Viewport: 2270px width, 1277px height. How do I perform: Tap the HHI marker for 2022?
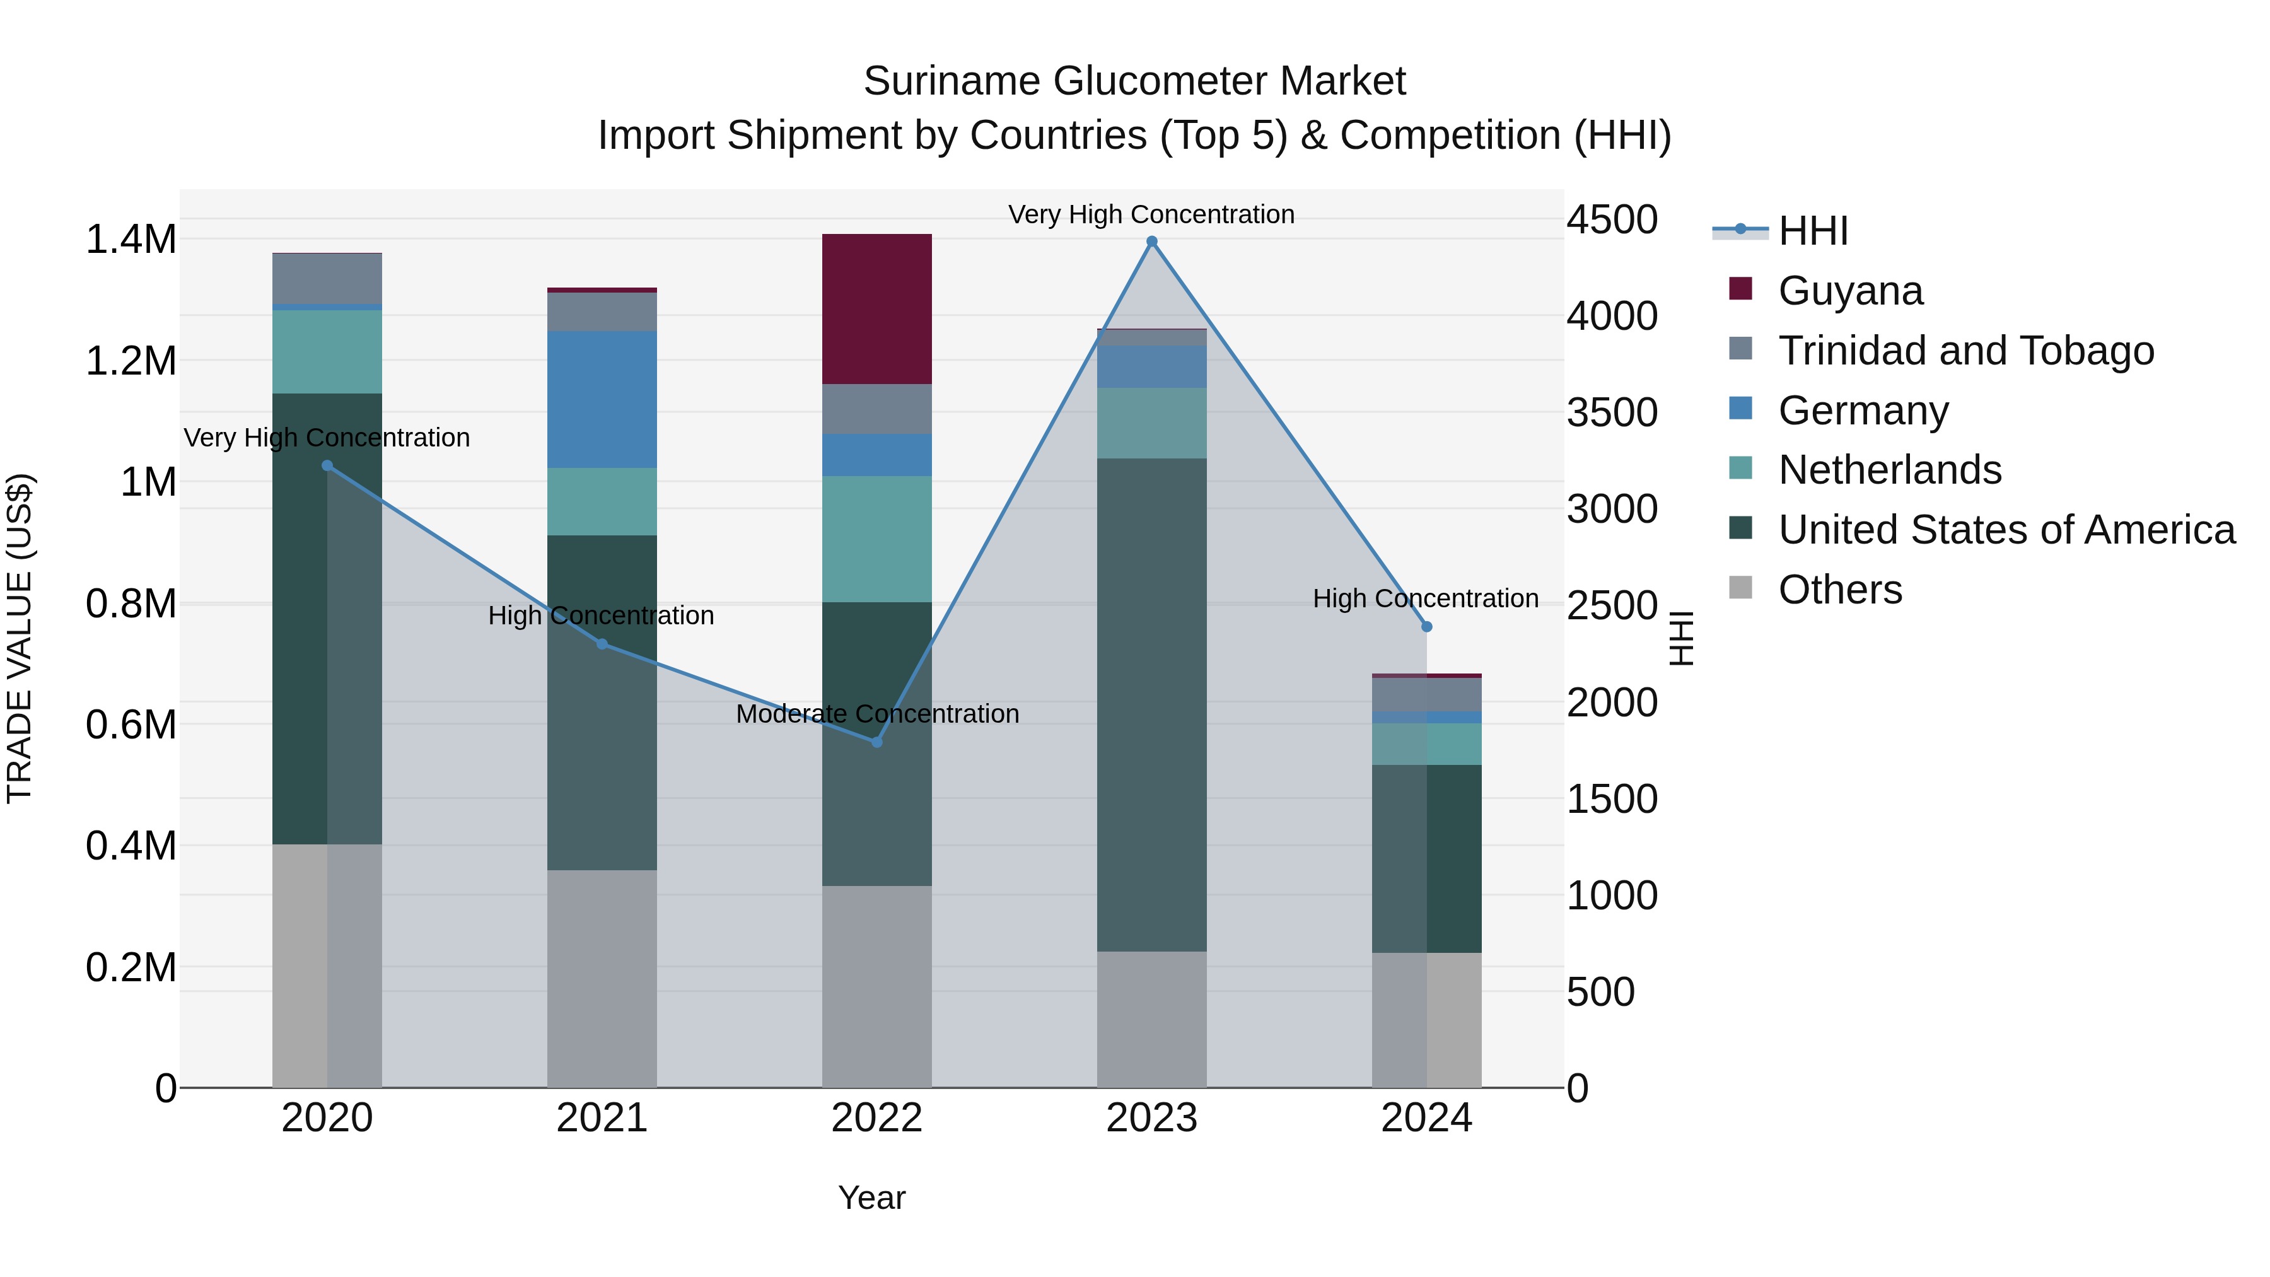(x=877, y=742)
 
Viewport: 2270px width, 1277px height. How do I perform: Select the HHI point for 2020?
(x=327, y=465)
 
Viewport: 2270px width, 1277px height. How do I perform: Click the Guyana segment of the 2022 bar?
(x=877, y=308)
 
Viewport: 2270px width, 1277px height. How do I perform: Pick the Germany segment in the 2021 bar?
(x=602, y=399)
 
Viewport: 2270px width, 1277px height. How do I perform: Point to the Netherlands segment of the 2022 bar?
(x=877, y=539)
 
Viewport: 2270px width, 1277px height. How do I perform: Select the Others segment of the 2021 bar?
(x=602, y=978)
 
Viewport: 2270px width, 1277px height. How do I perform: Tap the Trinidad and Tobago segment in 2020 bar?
(x=327, y=279)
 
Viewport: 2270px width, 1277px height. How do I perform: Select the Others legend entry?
(x=1839, y=590)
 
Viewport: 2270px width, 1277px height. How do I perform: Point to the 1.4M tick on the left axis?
(x=131, y=240)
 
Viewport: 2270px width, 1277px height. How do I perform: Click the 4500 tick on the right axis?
(x=1612, y=219)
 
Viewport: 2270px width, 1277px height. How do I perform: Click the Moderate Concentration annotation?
(x=877, y=714)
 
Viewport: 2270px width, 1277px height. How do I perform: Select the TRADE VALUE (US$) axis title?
(x=20, y=638)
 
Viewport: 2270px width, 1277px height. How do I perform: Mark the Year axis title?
(x=871, y=1198)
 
